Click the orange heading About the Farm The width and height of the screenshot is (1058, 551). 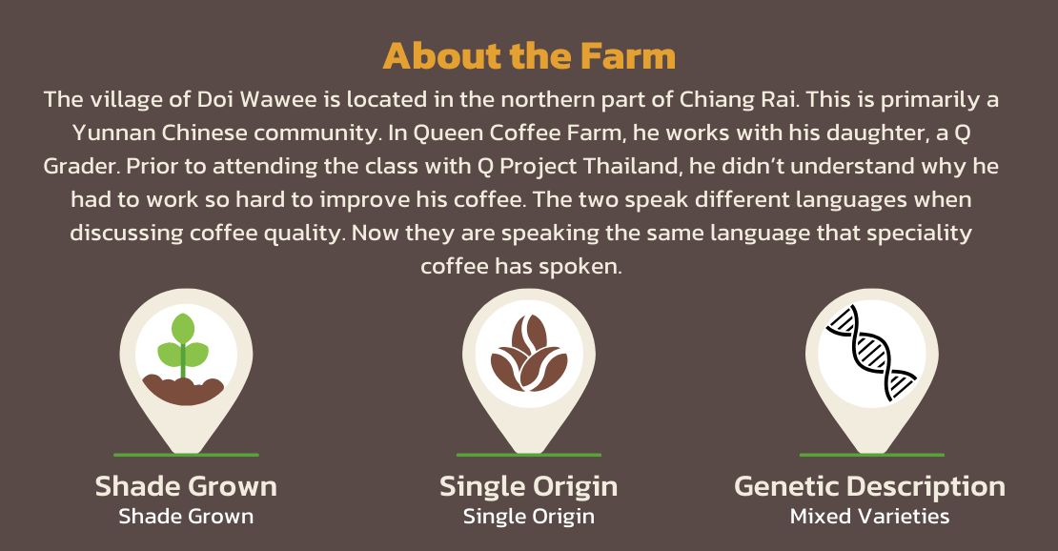point(529,55)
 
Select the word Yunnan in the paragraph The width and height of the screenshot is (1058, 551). point(113,133)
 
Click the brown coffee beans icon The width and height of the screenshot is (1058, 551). point(528,353)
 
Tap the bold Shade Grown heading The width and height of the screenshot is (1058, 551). point(186,486)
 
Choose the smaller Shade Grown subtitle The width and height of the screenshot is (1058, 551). point(186,517)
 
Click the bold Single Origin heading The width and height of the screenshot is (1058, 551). point(528,487)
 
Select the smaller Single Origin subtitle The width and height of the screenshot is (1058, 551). point(528,518)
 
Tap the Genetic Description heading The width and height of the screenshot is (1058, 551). point(869,487)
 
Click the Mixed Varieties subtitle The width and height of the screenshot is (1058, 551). point(869,517)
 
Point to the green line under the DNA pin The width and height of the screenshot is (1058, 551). point(872,455)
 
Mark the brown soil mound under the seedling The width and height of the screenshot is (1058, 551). point(184,390)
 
